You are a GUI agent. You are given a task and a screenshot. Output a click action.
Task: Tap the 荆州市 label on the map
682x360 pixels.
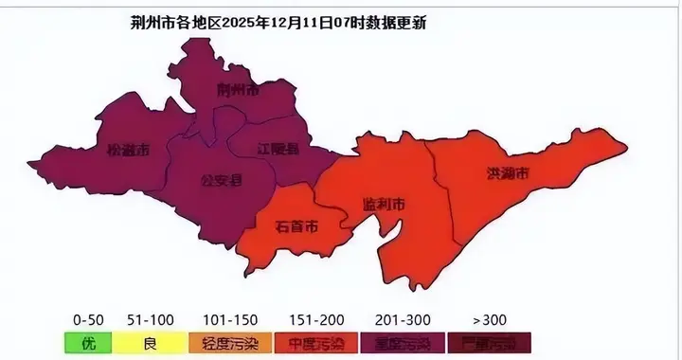tap(237, 91)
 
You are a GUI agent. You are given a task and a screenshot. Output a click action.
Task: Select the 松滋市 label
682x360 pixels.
tap(128, 150)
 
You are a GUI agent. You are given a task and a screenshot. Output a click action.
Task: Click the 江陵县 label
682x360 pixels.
tap(278, 149)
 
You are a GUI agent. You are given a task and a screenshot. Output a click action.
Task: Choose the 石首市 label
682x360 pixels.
tap(296, 226)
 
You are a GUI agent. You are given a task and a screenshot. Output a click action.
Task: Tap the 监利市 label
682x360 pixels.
tap(385, 205)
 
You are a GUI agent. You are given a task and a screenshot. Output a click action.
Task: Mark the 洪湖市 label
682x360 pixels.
tap(508, 173)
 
